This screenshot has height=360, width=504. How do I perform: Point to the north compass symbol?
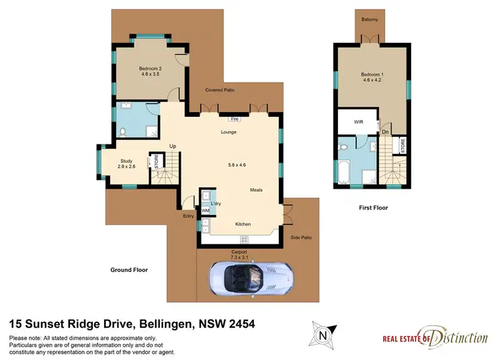pyautogui.click(x=323, y=332)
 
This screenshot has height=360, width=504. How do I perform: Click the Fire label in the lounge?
pyautogui.click(x=235, y=119)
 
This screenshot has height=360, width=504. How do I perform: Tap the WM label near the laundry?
pyautogui.click(x=206, y=211)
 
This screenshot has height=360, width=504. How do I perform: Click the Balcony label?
pyautogui.click(x=369, y=19)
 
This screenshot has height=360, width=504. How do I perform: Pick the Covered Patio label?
pyautogui.click(x=220, y=90)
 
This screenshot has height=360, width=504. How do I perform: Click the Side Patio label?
pyautogui.click(x=300, y=238)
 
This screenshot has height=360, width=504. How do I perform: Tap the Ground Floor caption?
pyautogui.click(x=129, y=270)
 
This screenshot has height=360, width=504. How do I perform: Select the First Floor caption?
pyautogui.click(x=373, y=208)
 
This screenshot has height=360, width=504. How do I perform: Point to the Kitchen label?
pyautogui.click(x=243, y=224)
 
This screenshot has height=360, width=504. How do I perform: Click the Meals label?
pyautogui.click(x=256, y=190)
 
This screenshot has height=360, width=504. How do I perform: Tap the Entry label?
pyautogui.click(x=188, y=216)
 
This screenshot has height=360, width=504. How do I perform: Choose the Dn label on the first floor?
pyautogui.click(x=385, y=132)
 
